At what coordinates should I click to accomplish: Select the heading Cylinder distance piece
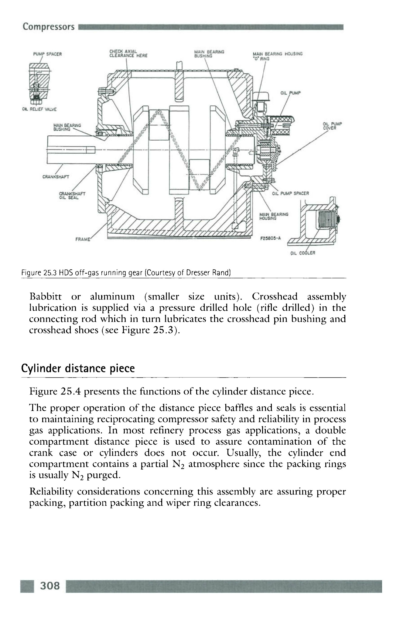pos(78,368)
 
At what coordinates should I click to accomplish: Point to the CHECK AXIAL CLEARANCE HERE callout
pos(128,53)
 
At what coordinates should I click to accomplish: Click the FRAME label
pos(84,239)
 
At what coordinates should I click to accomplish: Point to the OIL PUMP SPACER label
pos(291,193)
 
